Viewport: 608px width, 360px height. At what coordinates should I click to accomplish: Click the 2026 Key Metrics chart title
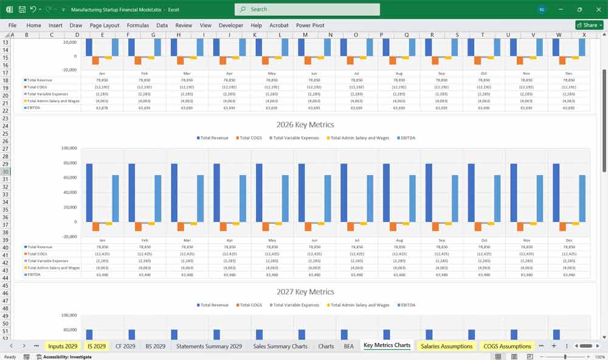[x=305, y=125]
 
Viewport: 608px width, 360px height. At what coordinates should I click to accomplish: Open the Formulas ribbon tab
[x=137, y=26]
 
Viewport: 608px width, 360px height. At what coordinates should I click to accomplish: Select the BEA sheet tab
[x=348, y=346]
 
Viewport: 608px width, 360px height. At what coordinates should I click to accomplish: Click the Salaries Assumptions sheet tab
[x=446, y=346]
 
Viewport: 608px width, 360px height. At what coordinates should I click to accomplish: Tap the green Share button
[x=589, y=25]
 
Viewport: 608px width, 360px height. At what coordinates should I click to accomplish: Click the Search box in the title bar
[x=307, y=9]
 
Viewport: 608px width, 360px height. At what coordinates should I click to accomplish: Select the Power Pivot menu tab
[x=310, y=26]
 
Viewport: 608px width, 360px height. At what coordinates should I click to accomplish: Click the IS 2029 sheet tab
[x=96, y=346]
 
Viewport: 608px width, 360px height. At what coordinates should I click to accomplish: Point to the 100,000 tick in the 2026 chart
[x=69, y=148]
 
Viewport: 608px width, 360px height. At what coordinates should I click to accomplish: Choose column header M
[x=305, y=35]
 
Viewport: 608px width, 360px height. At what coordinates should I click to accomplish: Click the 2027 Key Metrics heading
[x=305, y=292]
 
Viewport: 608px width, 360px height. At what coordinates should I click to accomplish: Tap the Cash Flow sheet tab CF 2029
[x=125, y=346]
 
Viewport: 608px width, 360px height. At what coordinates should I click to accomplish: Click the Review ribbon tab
[x=184, y=26]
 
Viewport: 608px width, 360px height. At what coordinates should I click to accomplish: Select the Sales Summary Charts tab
[x=280, y=346]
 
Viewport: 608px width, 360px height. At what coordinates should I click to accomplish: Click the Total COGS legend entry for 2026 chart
[x=250, y=138]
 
